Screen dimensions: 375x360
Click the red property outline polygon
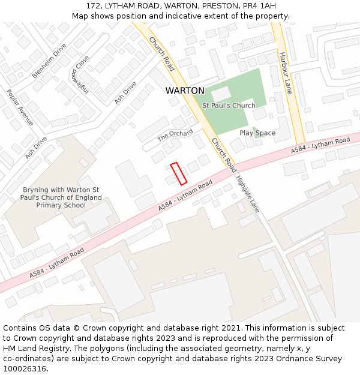(178, 173)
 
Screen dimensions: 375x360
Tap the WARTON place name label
(185, 91)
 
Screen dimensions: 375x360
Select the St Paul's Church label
(229, 106)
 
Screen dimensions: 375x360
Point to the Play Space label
(257, 133)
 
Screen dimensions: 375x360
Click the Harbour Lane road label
(284, 73)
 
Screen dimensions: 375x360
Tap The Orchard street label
(175, 136)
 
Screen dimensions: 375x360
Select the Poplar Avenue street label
(20, 107)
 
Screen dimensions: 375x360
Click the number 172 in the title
(93, 5)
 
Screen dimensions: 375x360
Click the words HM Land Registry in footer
(33, 348)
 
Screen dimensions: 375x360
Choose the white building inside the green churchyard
(221, 94)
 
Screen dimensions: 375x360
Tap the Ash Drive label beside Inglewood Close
(125, 92)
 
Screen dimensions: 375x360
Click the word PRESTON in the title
(223, 5)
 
